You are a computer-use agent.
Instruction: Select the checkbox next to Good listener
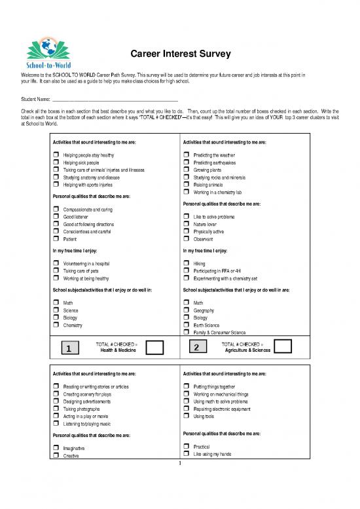56,217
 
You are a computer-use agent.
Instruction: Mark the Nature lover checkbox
187,223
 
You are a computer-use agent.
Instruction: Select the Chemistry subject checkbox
56,325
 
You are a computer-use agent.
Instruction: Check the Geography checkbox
187,310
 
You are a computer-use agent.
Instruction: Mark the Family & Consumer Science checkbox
187,332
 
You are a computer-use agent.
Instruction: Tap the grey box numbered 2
196,347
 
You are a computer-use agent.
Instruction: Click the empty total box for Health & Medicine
154,348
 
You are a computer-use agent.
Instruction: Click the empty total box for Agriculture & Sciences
283,347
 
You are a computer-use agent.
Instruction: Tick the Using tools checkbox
187,416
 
